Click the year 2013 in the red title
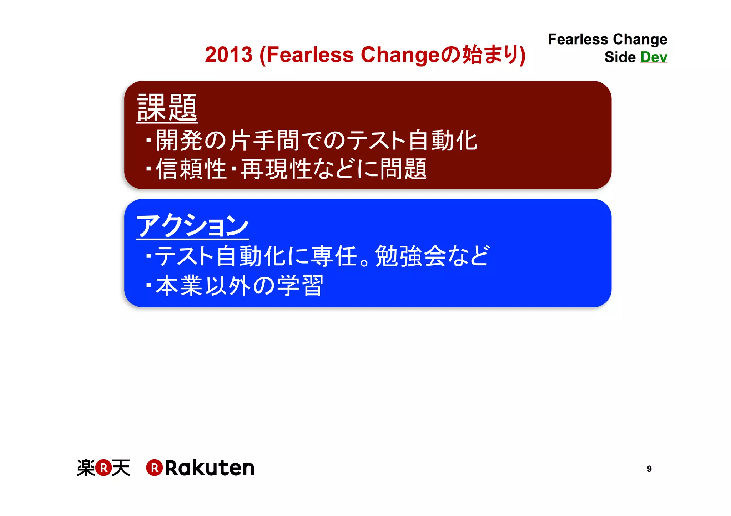229,55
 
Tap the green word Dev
654,57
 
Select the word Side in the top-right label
620,57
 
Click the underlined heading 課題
167,108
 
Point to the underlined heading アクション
192,226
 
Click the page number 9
649,469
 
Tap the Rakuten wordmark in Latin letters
210,468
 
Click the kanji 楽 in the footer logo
86,468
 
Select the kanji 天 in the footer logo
121,468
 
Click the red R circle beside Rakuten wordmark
155,468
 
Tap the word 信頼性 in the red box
191,169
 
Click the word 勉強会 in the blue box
410,256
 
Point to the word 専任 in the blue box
334,256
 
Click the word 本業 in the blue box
179,286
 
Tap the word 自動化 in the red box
443,141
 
